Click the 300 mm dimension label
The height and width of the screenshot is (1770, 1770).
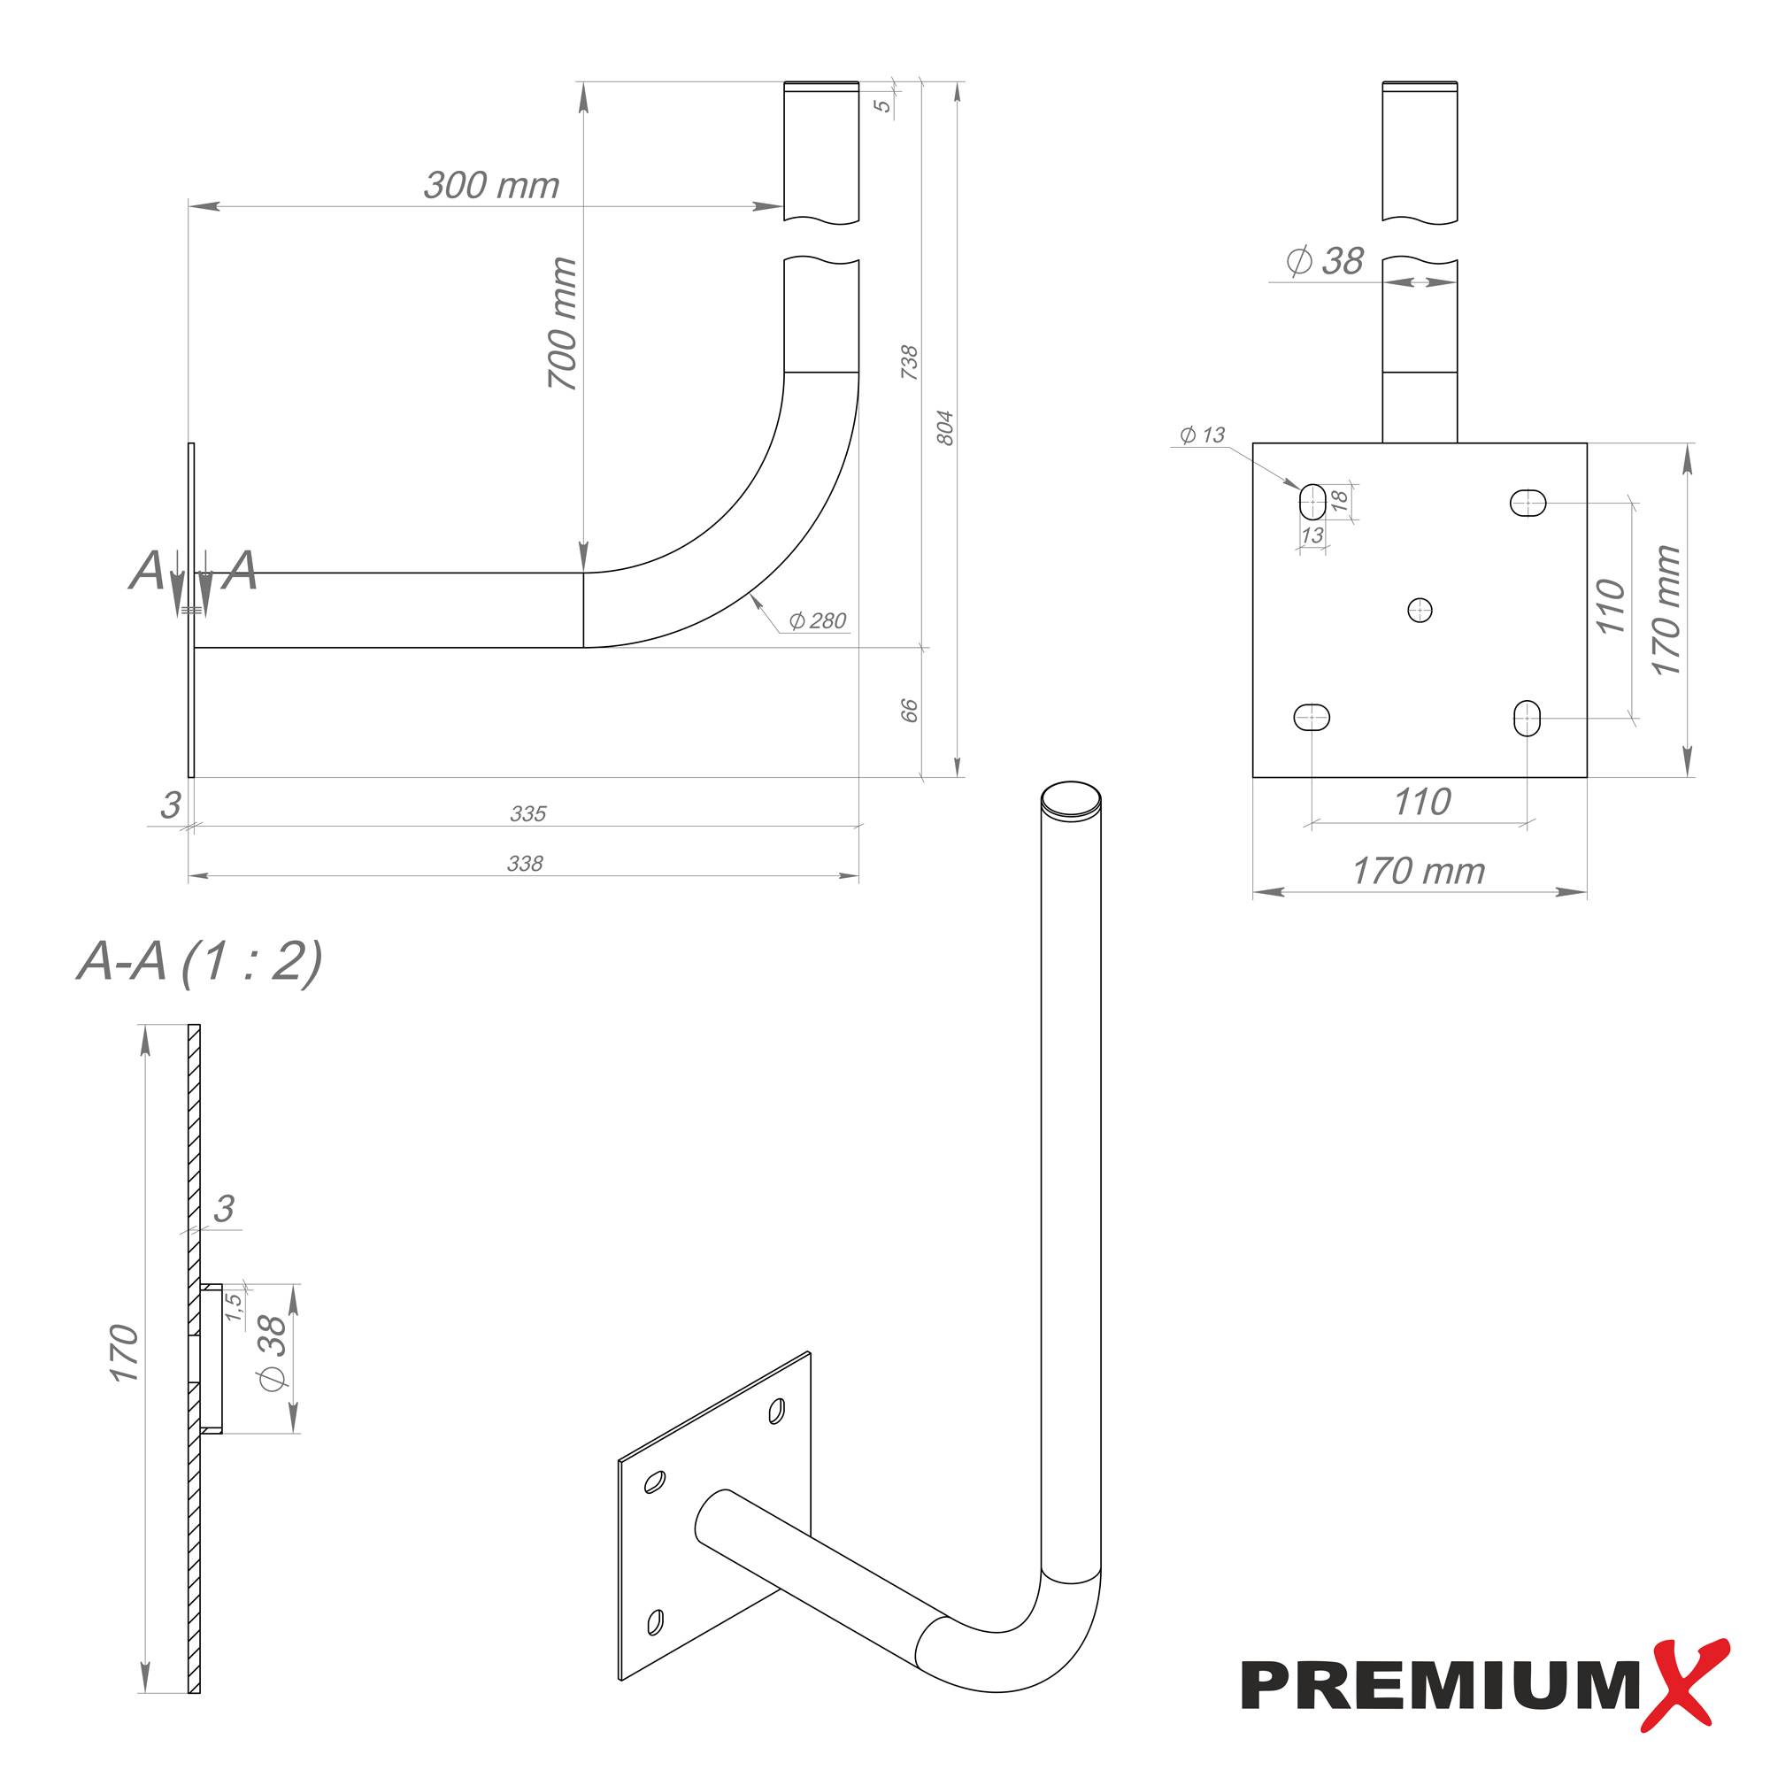491,186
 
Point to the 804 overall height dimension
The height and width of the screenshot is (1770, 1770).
945,427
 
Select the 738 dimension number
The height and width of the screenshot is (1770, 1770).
909,363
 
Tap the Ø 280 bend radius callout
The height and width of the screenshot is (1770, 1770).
817,621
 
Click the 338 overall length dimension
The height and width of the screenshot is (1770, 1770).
525,863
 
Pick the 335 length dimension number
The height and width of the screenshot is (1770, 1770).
527,813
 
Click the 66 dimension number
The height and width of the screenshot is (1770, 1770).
909,710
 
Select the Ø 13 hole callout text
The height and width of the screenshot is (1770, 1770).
1202,435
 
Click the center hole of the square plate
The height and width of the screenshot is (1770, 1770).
1420,609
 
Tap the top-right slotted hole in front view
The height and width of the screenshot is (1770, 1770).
1528,502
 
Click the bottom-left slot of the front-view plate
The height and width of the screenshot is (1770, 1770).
1312,717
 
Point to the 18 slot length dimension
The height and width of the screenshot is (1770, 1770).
1338,500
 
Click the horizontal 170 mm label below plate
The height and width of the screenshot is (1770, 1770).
1418,871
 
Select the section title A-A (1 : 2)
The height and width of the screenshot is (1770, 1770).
200,962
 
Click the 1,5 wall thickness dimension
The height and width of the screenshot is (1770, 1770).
235,1306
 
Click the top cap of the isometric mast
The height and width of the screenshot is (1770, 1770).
1071,799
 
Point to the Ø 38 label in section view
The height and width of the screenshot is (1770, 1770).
272,1353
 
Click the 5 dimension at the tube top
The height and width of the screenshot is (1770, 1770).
881,104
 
